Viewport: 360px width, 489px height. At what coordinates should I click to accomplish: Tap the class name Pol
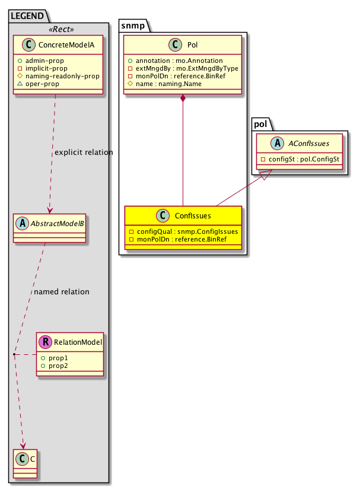192,45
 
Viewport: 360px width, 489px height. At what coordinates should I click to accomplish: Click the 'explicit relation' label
83,153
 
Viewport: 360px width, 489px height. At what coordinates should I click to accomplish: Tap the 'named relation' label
62,292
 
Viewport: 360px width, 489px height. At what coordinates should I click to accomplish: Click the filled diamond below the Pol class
183,99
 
